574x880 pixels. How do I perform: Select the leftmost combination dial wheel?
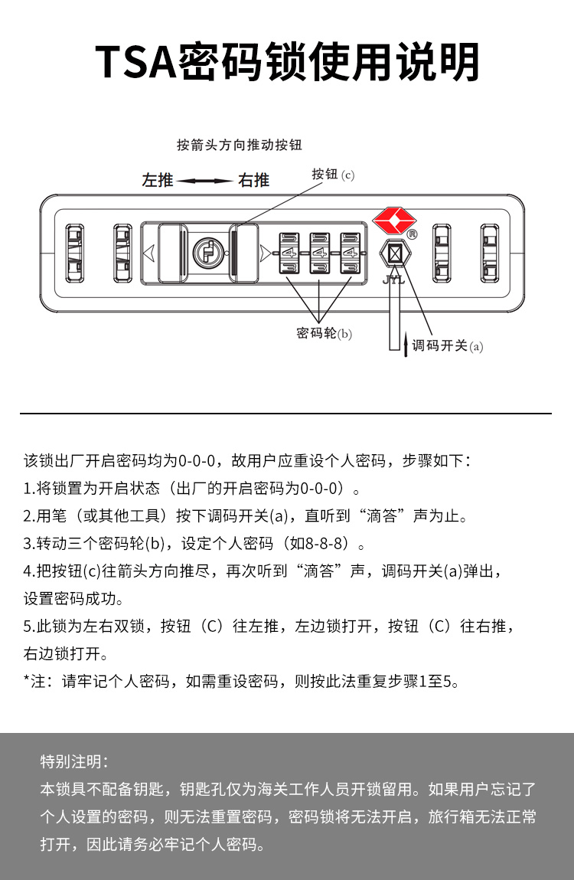tap(289, 252)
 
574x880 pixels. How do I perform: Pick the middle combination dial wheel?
tap(319, 252)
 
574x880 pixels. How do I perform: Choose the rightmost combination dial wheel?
tap(350, 252)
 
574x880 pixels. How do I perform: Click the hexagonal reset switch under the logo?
tap(394, 254)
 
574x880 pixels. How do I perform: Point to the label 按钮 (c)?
tap(333, 175)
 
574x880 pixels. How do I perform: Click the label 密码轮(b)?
tap(324, 334)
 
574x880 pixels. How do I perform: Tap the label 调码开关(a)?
tap(448, 345)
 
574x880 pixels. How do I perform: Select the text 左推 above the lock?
tap(158, 181)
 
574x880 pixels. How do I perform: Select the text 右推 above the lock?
tap(254, 181)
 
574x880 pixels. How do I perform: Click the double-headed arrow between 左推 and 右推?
tap(205, 182)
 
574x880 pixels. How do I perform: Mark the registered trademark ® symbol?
tap(412, 234)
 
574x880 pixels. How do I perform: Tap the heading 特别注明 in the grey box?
tap(74, 761)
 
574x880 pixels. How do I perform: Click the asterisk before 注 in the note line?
tap(27, 679)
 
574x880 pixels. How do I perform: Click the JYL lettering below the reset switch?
tap(393, 279)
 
